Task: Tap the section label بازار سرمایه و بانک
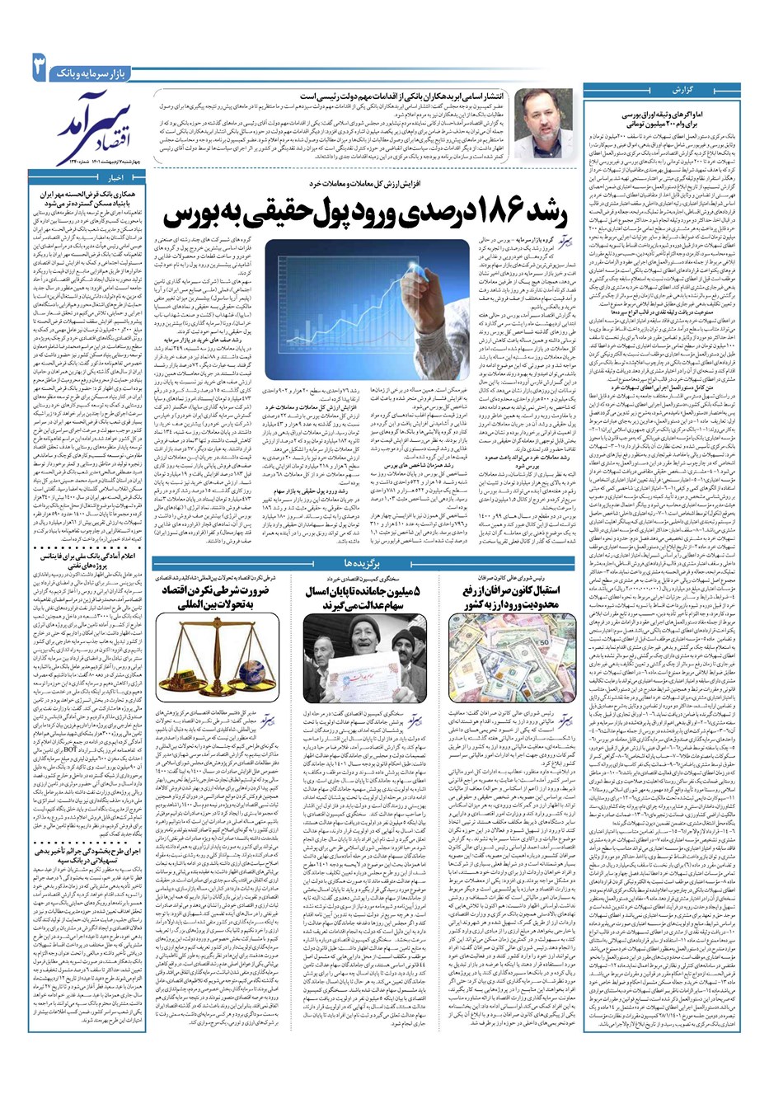[x=91, y=73]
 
